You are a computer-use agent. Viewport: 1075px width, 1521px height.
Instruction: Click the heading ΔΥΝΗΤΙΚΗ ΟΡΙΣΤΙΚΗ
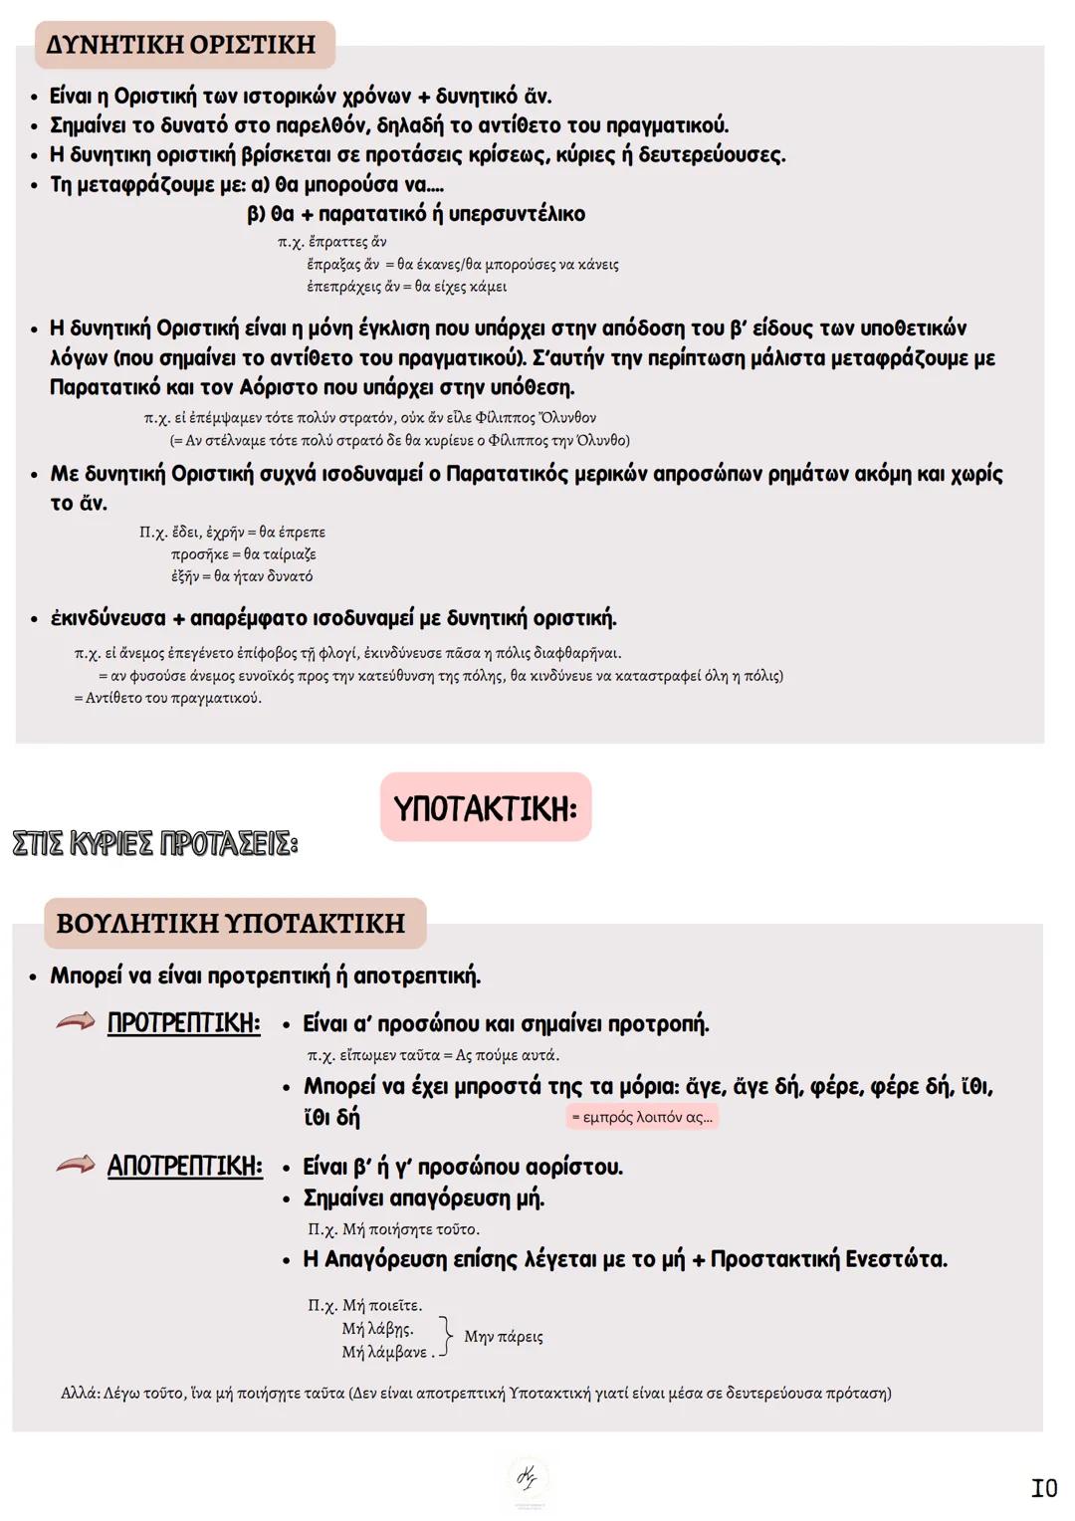point(181,45)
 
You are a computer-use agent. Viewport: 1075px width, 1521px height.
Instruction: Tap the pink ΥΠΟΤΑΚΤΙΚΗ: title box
point(486,807)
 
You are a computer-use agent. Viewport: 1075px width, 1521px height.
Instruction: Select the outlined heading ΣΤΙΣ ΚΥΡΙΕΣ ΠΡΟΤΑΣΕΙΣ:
point(154,844)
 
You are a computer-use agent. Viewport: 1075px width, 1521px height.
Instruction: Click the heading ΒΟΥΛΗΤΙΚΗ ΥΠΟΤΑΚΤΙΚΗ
point(231,923)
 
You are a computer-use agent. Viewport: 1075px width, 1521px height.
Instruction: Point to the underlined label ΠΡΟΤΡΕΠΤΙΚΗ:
point(184,1023)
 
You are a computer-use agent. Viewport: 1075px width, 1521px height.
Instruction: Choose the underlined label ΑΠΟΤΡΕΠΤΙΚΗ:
point(185,1166)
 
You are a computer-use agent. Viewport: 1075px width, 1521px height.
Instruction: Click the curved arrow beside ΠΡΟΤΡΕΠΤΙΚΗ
point(76,1021)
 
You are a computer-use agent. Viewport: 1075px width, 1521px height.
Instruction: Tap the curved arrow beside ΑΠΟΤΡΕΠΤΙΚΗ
point(76,1164)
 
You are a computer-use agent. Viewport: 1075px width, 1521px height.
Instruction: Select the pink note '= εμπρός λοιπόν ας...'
point(642,1117)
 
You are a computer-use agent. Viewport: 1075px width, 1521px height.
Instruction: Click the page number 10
point(1043,1488)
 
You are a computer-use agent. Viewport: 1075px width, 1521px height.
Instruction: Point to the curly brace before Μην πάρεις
point(447,1335)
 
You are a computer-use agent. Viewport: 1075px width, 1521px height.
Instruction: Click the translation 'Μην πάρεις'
point(504,1336)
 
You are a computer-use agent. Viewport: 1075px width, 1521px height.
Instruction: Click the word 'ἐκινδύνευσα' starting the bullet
point(108,618)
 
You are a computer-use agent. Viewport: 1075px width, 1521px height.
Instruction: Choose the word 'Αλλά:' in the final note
point(81,1393)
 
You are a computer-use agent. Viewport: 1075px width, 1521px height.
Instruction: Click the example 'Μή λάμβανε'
point(384,1352)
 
